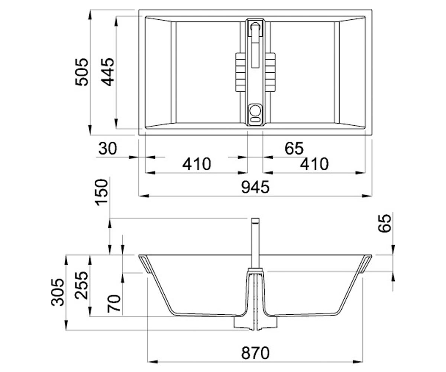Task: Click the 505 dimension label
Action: coord(82,72)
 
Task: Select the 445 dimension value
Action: coord(107,72)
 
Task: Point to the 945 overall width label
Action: coord(255,187)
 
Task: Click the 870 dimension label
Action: coord(255,353)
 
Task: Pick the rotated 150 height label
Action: coord(101,192)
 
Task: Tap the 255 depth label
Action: coord(81,285)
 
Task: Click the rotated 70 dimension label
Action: coord(114,304)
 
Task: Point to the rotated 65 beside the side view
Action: coord(384,224)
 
